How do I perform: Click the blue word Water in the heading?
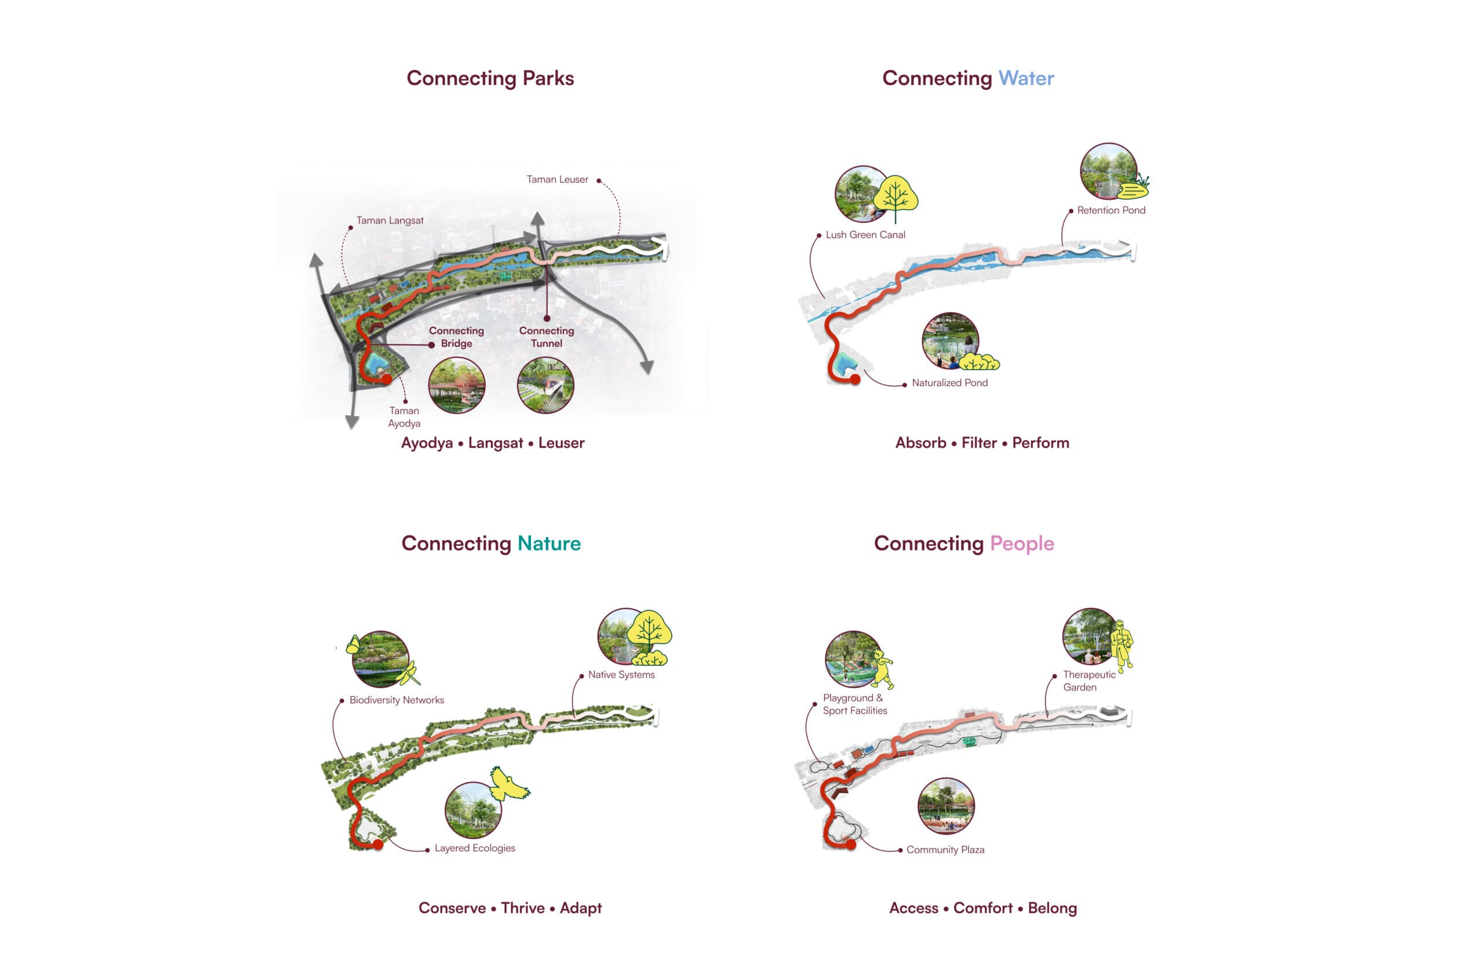pos(1026,78)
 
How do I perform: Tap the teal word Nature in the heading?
pos(549,543)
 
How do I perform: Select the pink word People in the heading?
pos(1021,543)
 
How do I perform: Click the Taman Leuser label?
pos(557,179)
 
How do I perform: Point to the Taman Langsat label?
pos(390,221)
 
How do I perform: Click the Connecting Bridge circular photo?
pos(456,385)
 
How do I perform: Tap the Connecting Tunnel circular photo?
pos(545,385)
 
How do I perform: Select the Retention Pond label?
pos(1111,210)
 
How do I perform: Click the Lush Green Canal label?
pos(865,234)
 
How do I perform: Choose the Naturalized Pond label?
pos(949,383)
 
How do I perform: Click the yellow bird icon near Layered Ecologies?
pos(509,784)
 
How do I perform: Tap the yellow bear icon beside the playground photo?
pos(883,669)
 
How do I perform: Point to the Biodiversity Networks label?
pos(397,700)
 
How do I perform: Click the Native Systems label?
pos(621,675)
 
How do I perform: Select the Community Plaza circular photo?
pos(946,806)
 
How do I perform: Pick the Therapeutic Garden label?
pos(1088,681)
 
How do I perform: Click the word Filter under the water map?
pos(979,443)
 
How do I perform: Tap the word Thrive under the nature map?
pos(522,908)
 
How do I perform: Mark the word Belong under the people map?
pos(1052,908)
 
